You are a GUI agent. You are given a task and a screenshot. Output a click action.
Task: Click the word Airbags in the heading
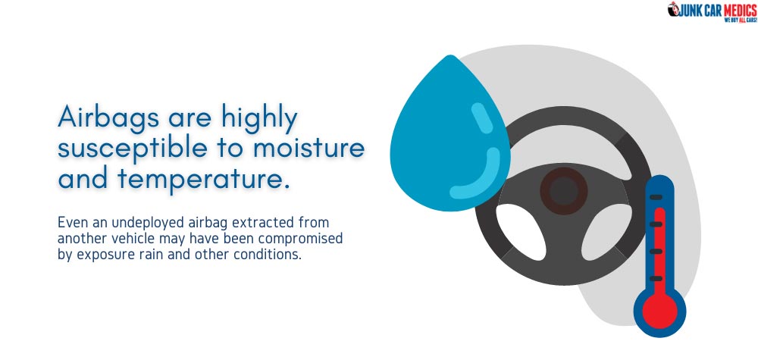point(108,117)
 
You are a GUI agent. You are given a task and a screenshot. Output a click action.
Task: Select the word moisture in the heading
point(308,148)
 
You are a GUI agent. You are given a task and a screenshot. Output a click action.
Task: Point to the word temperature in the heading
point(199,180)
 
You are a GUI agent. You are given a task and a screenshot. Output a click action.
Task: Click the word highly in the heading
point(259,118)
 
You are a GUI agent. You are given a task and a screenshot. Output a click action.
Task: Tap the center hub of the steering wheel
point(564,191)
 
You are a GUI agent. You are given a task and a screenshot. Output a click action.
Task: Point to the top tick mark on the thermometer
point(656,197)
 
